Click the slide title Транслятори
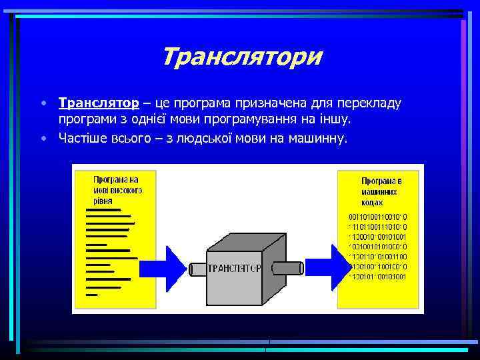241,57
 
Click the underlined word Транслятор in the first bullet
99,103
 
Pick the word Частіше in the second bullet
82,138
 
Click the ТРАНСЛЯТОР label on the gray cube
234,269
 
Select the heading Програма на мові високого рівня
116,189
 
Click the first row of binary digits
379,217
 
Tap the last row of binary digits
378,276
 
